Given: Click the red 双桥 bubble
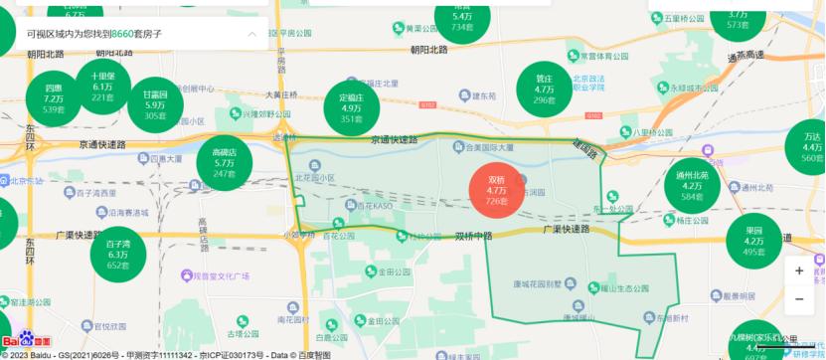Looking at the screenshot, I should [496, 189].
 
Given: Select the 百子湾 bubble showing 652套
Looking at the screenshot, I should [118, 254].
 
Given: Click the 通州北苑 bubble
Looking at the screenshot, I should [692, 186].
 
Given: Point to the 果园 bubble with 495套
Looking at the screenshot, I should [753, 241].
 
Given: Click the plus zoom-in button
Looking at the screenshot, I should [799, 270].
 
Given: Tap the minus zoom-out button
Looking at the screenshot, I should [799, 298].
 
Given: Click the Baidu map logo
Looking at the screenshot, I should [26, 342].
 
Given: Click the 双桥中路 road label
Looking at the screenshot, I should [474, 237].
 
